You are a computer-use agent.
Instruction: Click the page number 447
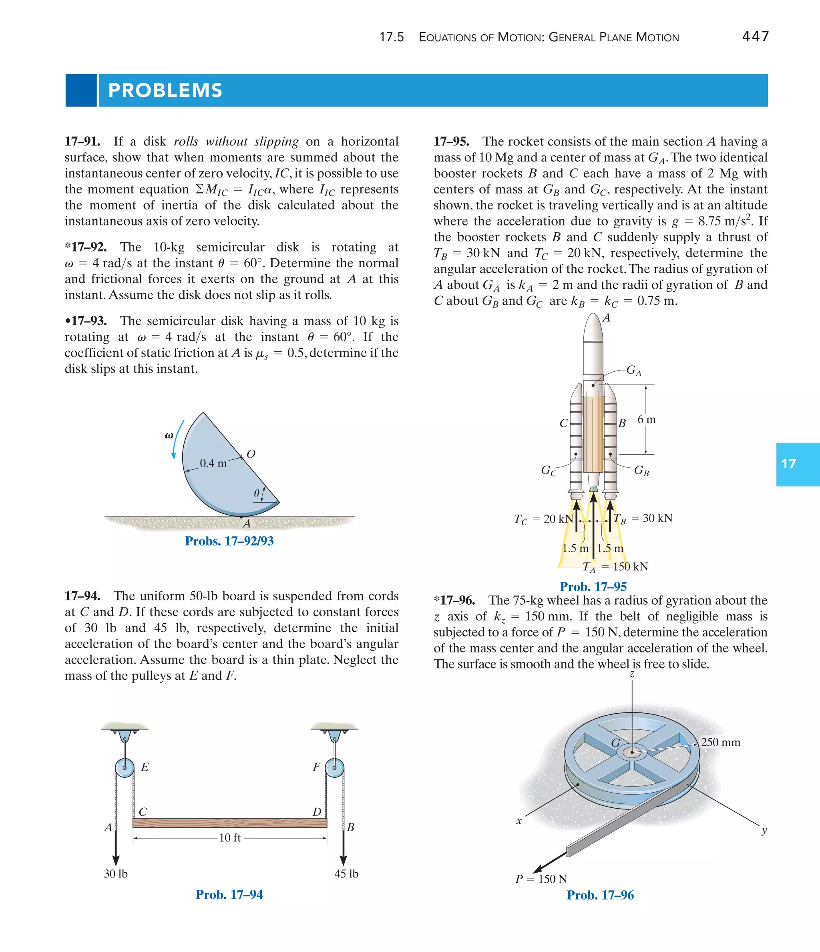click(x=755, y=36)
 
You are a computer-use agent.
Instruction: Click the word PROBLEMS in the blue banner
click(x=165, y=91)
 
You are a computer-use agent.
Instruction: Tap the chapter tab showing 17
click(x=789, y=464)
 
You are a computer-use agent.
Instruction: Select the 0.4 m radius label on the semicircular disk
click(x=213, y=463)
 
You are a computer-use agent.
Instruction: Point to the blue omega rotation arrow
click(x=178, y=439)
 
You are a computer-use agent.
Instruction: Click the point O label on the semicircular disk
click(x=251, y=454)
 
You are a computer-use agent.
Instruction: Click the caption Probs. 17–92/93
click(x=229, y=541)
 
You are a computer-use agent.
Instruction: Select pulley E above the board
click(x=125, y=767)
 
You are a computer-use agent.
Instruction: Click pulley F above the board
click(x=334, y=767)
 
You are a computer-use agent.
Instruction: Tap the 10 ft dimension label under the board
click(x=230, y=837)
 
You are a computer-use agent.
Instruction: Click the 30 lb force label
click(x=115, y=874)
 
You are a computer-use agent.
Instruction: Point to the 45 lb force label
click(x=346, y=874)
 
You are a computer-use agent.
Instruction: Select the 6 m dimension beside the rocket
click(x=646, y=419)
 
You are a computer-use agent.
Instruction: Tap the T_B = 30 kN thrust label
click(x=643, y=519)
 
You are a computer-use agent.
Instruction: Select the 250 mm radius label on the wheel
click(x=720, y=742)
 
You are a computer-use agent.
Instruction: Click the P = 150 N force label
click(x=541, y=879)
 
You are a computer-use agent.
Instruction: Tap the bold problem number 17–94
click(x=83, y=596)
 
